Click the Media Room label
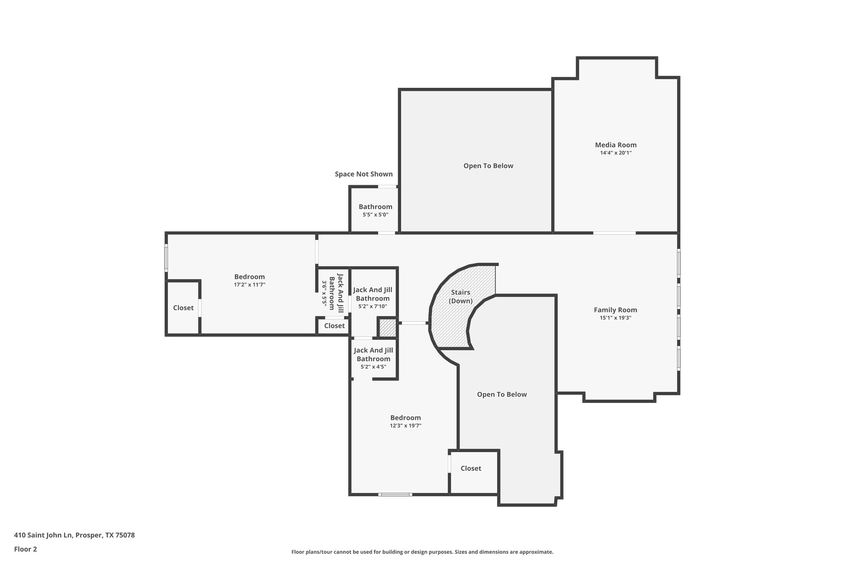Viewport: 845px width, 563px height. (616, 145)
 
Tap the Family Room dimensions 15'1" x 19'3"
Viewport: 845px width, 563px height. (616, 318)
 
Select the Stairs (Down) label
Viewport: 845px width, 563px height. (460, 297)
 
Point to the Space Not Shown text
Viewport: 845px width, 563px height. (363, 174)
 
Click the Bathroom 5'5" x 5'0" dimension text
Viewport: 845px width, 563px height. (375, 215)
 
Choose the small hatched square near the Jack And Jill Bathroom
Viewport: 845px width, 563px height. (387, 328)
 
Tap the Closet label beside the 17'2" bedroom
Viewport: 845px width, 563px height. (183, 308)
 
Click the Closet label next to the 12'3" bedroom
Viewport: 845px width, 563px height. (471, 468)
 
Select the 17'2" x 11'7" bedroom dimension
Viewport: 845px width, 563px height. (249, 285)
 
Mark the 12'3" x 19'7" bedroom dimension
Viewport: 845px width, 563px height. (406, 426)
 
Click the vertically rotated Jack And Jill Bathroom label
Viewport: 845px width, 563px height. (336, 292)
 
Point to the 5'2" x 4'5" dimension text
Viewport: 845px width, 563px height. (373, 367)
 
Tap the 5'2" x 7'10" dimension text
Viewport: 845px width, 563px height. (373, 306)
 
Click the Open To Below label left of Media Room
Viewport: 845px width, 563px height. (488, 166)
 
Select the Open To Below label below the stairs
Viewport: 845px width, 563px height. (502, 394)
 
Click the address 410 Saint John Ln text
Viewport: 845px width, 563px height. (74, 535)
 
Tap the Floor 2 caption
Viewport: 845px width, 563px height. (26, 549)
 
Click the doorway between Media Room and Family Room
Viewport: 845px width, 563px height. (614, 233)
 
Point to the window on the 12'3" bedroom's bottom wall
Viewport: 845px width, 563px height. (395, 494)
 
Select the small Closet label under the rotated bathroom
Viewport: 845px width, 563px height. (334, 326)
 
